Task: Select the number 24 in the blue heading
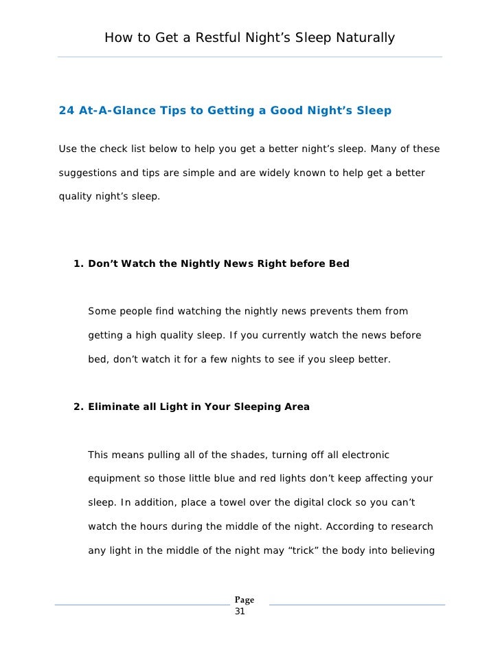tap(67, 110)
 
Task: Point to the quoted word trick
tap(298, 550)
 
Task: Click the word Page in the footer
tap(245, 600)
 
